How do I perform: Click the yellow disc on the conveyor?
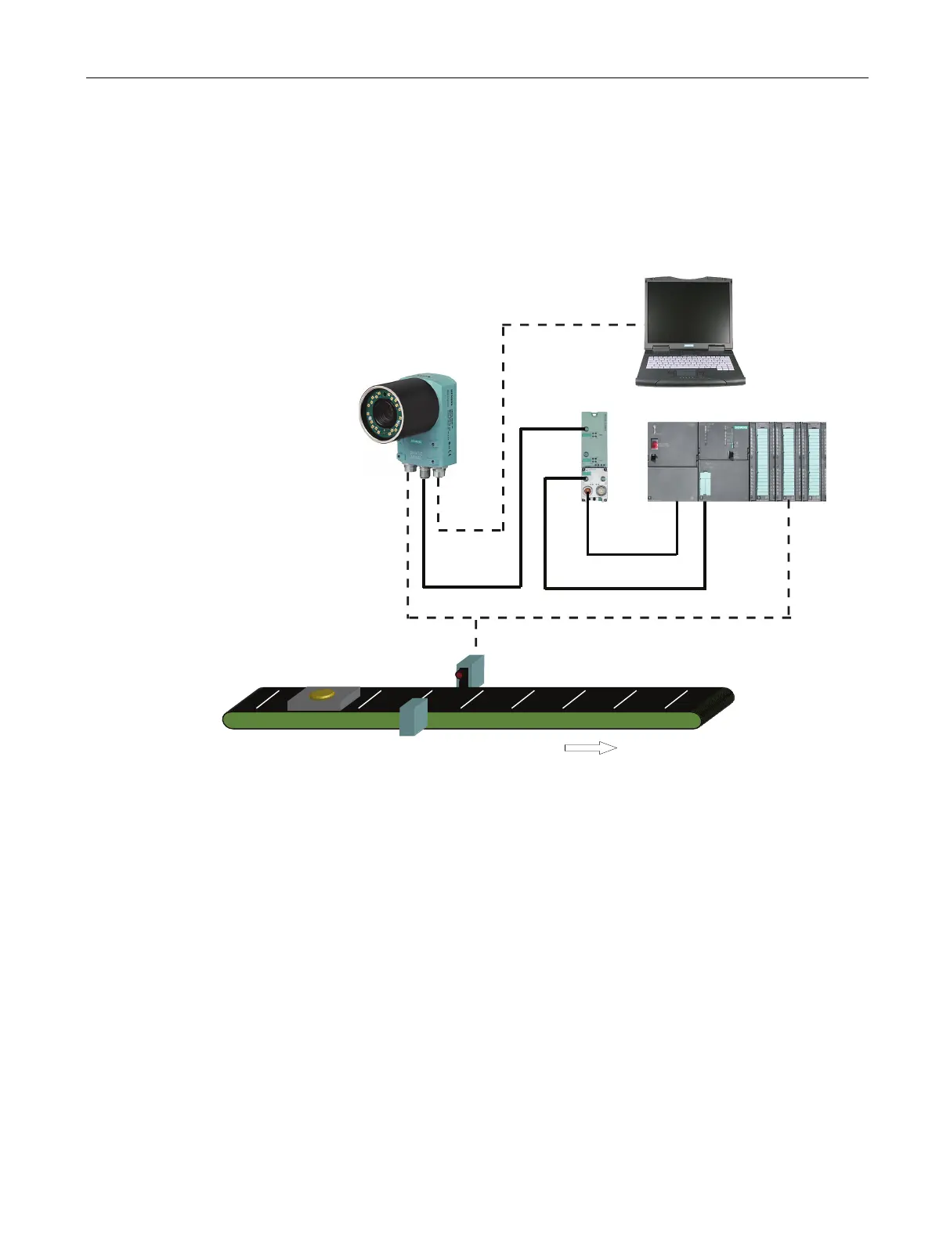coord(322,694)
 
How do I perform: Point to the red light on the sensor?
coord(460,674)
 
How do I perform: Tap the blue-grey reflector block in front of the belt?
coord(413,718)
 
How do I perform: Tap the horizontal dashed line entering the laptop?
coord(572,324)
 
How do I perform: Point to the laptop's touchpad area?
coord(688,379)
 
